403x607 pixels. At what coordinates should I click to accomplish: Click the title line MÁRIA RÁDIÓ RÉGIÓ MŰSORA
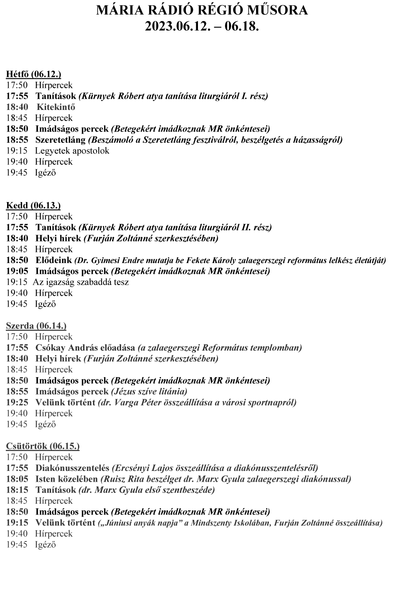202,10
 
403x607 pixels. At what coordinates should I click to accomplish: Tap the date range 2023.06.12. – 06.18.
202,26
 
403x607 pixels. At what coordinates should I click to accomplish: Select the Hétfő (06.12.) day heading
33,74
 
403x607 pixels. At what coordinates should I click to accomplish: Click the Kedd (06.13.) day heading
33,205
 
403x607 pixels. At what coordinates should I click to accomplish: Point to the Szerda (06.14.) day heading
36,326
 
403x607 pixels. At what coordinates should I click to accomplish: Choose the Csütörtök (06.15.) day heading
43,446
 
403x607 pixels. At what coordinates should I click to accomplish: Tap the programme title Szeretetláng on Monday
61,140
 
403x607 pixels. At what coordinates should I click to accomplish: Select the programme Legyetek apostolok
72,151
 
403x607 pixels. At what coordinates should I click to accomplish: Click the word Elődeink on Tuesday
54,260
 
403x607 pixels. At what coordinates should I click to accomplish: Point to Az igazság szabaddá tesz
81,282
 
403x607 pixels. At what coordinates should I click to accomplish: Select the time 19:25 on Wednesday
17,402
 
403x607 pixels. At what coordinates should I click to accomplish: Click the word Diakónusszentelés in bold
72,468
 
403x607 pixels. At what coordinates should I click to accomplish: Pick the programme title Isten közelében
67,479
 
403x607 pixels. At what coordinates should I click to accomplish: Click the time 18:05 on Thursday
17,479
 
